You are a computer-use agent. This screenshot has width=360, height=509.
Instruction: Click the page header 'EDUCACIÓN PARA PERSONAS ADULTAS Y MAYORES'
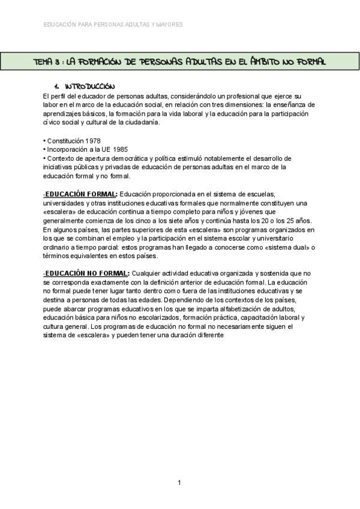[x=113, y=25]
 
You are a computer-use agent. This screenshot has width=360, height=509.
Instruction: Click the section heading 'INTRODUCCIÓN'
[x=89, y=87]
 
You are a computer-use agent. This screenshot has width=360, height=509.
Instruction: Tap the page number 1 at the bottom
[x=179, y=483]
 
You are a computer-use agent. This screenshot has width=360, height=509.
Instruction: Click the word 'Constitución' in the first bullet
[x=63, y=141]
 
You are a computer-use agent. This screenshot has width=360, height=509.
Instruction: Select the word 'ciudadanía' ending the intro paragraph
[x=143, y=122]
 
